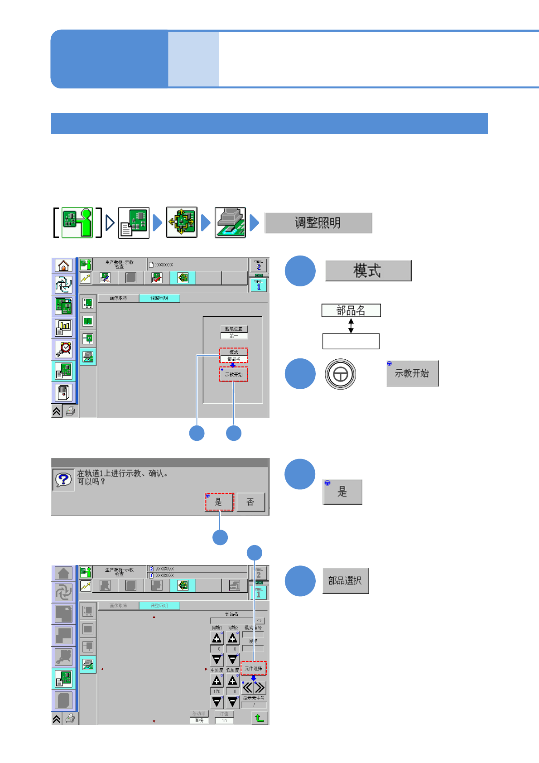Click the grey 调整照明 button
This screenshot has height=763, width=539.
318,223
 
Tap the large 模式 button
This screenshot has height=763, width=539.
368,270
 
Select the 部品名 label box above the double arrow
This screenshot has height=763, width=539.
351,310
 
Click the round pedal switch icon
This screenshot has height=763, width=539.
340,374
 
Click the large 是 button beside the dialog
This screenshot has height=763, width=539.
342,492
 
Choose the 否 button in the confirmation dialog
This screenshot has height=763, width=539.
250,502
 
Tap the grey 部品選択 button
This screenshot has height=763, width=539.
345,580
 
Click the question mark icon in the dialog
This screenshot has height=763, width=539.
63,480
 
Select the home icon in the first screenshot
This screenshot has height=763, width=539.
64,266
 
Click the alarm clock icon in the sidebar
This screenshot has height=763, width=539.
64,348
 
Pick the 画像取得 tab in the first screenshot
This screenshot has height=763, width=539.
118,298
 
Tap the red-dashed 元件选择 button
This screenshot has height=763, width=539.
253,668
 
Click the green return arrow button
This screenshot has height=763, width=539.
259,718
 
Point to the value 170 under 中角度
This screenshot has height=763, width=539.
217,691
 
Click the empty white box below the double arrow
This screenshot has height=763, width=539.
351,341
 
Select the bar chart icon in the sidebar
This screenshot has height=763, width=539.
64,327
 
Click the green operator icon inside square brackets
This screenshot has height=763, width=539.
77,222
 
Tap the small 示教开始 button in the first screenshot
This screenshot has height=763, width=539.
234,374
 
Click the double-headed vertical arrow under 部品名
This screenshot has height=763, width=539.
351,325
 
